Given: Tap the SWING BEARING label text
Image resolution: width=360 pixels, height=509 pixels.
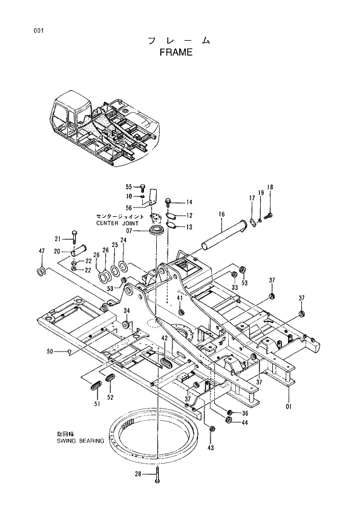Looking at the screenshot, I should click(x=80, y=441).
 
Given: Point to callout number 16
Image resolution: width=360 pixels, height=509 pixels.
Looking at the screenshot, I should click(x=222, y=214).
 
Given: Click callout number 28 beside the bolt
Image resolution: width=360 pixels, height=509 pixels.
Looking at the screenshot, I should click(x=138, y=475).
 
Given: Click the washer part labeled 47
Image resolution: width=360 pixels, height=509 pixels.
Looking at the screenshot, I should click(x=42, y=271).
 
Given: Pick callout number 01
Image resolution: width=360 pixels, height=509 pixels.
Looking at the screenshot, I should click(x=289, y=405).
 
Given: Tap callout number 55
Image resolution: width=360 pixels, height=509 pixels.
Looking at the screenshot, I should click(x=129, y=187).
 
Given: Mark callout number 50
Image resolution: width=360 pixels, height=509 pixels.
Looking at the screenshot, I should click(x=50, y=351).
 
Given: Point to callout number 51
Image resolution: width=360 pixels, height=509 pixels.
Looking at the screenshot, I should click(x=98, y=403).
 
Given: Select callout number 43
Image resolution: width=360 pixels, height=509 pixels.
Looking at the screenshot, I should click(x=210, y=447).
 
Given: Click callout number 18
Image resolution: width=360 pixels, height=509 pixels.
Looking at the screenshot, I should click(x=270, y=187).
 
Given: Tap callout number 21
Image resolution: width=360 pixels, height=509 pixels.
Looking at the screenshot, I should click(x=57, y=239).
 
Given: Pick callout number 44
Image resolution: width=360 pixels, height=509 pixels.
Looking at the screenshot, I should click(x=244, y=422).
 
